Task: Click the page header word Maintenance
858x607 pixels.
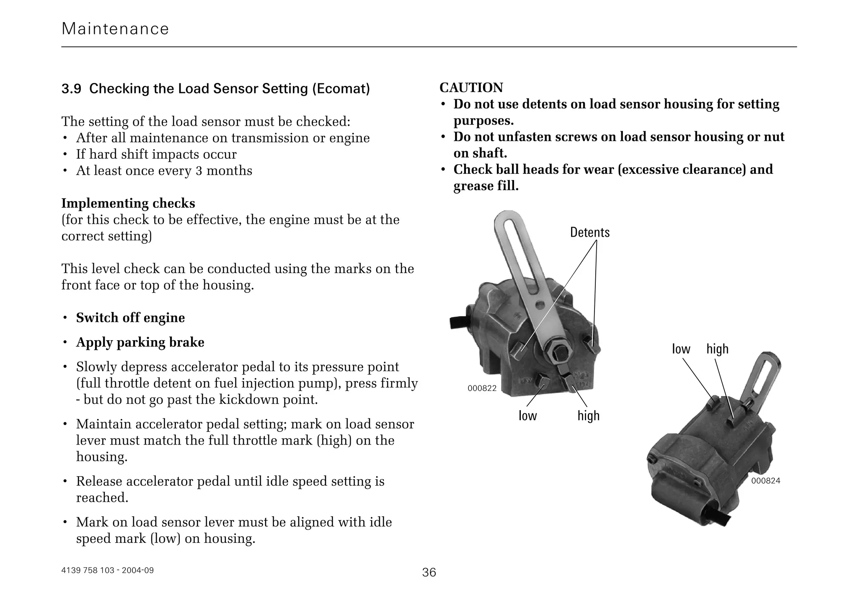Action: [x=115, y=29]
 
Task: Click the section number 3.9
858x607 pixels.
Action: [x=71, y=89]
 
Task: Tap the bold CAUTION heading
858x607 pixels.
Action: [x=471, y=88]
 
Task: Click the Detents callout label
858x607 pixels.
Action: [x=589, y=232]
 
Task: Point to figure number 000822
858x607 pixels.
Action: [x=482, y=388]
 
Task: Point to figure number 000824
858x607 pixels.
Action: [x=765, y=481]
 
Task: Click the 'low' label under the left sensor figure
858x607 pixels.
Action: [x=527, y=416]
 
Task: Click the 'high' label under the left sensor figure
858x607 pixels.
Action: [x=588, y=416]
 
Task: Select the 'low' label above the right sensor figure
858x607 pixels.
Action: [x=681, y=349]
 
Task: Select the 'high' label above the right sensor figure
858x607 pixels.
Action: [x=717, y=349]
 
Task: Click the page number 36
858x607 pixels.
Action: [x=429, y=572]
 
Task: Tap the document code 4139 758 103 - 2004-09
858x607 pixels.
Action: [x=108, y=570]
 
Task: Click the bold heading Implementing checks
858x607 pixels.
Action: [x=128, y=204]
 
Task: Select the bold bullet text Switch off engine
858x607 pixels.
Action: [x=130, y=318]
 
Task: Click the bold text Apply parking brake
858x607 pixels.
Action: [x=140, y=342]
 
